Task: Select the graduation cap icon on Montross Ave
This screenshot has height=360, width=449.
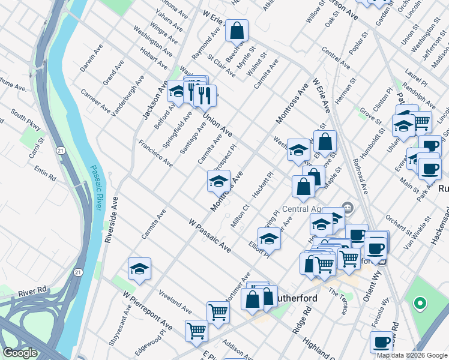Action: [x=218, y=181]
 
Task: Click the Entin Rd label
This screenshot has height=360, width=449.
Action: [x=45, y=175]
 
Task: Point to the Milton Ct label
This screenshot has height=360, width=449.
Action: [x=240, y=216]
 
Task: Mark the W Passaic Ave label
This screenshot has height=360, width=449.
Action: [x=208, y=235]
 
